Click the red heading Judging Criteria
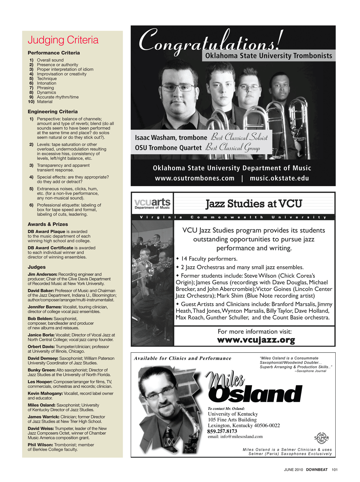(x=63, y=40)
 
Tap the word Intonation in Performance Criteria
(x=47, y=83)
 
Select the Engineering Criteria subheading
(x=53, y=111)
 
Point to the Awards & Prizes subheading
(x=48, y=224)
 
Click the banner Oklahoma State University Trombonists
(x=268, y=56)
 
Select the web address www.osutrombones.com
(x=195, y=178)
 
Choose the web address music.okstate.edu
(x=279, y=178)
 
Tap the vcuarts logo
(x=152, y=203)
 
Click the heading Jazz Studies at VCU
(x=254, y=204)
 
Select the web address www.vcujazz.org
(x=256, y=340)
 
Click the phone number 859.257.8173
(x=222, y=431)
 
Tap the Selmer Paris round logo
(x=321, y=438)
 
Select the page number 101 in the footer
(x=335, y=470)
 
